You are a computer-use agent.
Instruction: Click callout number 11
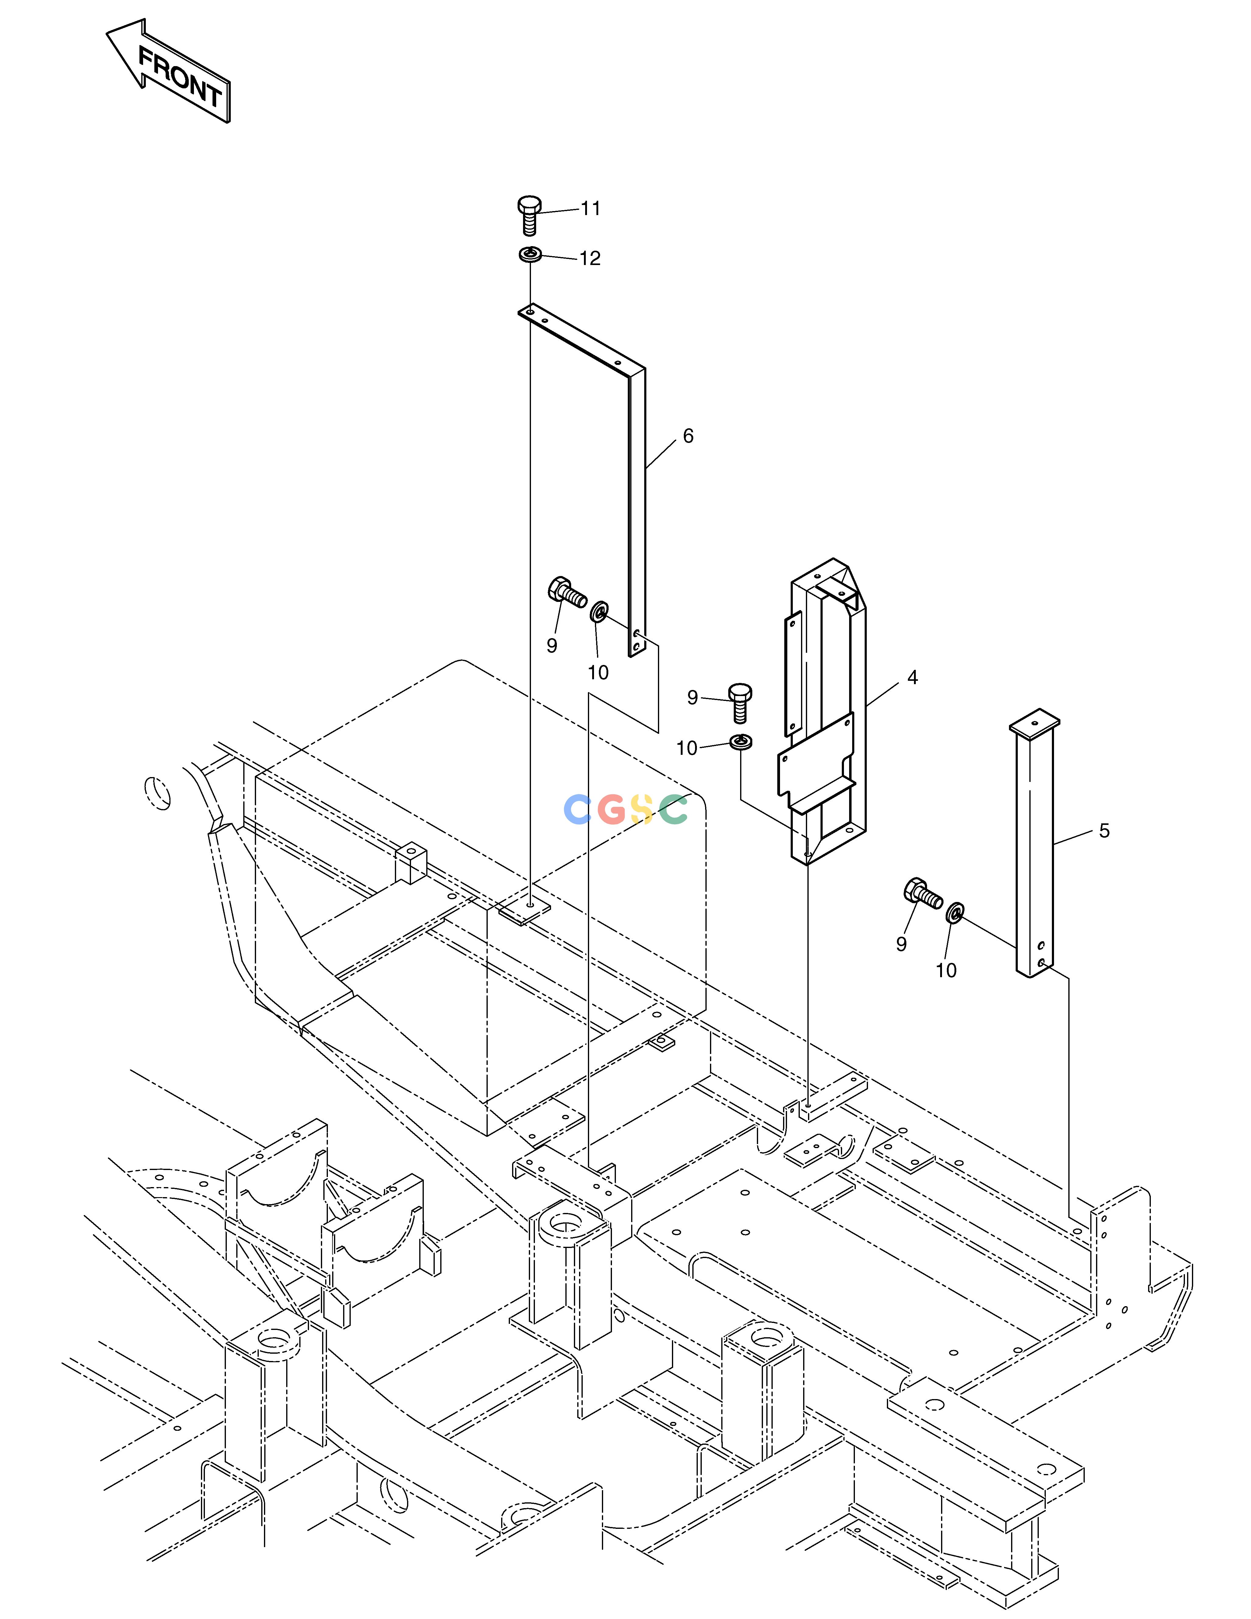point(590,209)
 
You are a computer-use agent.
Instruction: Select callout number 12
point(590,259)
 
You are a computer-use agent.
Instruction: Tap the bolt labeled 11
point(529,215)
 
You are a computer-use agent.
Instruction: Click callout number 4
point(912,677)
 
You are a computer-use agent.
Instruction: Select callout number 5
point(1104,831)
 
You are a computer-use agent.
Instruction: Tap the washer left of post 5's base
point(955,913)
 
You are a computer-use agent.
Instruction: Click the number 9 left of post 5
point(901,944)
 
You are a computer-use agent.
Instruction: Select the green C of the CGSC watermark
point(674,810)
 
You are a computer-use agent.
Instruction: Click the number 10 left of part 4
point(687,749)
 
